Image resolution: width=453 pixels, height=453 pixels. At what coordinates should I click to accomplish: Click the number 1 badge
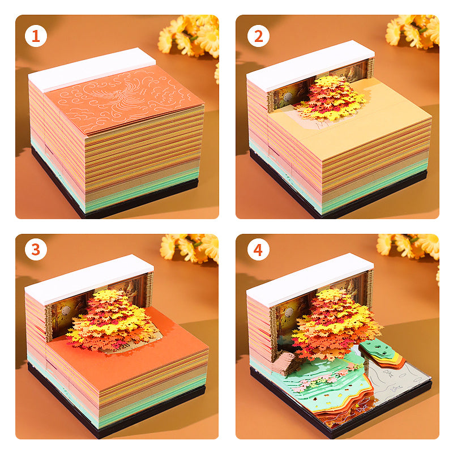point(36,36)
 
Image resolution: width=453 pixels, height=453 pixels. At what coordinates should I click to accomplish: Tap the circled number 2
point(258,36)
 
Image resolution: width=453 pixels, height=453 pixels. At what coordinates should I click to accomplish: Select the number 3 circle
point(36,250)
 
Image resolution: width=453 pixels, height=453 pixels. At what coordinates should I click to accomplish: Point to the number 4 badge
point(258,250)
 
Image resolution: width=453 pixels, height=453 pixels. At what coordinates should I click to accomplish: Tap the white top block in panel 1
point(91,69)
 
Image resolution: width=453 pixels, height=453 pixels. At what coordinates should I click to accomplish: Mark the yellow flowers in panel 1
point(193,35)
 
